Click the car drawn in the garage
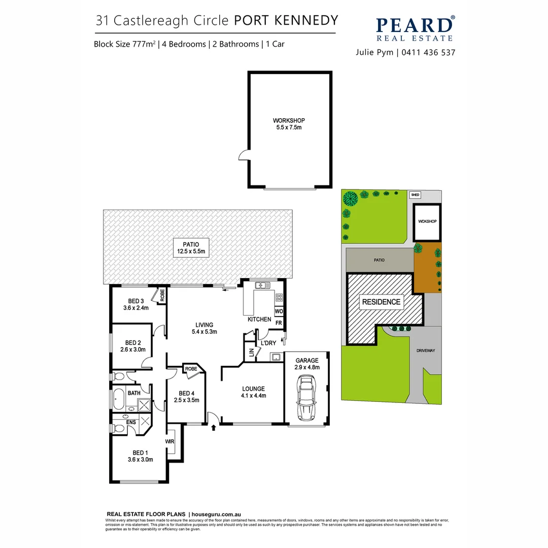tap(305, 398)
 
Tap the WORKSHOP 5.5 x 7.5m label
tap(289, 124)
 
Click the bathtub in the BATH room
tap(119, 400)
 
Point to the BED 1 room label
tap(140, 456)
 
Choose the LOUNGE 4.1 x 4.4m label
tap(254, 392)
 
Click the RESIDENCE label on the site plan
tap(381, 302)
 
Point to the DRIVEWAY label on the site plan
tap(425, 351)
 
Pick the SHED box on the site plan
tap(415, 194)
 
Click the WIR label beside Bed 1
tap(170, 441)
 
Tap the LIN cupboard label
tap(251, 352)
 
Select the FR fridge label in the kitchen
tap(279, 323)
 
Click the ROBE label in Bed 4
tap(190, 369)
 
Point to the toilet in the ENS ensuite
tap(118, 429)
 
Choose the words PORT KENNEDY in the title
tap(286, 20)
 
